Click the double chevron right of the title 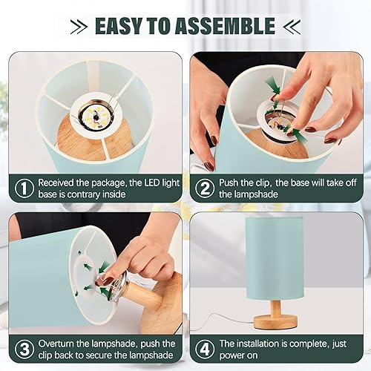coord(293,26)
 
